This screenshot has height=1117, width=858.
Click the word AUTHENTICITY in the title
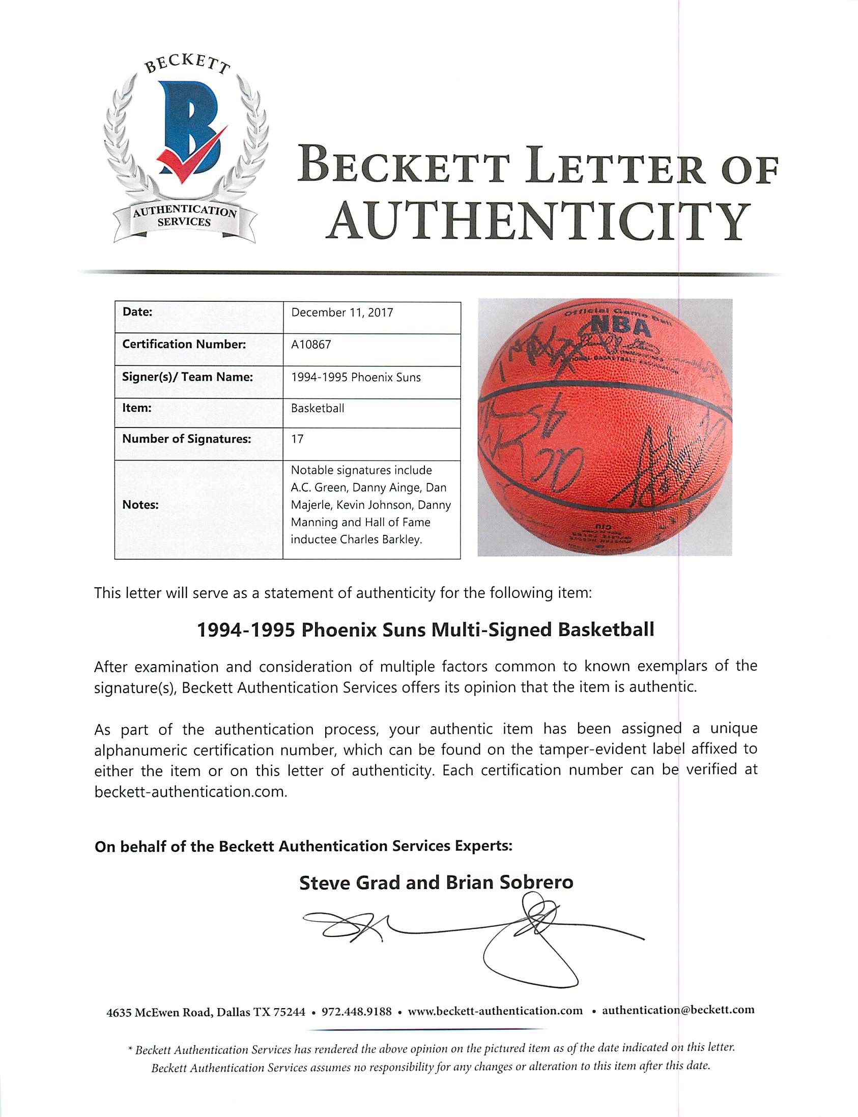coord(539,222)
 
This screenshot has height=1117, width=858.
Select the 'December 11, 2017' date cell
coord(342,312)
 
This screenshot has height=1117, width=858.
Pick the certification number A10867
coord(311,344)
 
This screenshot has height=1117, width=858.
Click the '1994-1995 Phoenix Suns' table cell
coord(356,378)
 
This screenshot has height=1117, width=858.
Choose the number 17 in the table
coord(297,439)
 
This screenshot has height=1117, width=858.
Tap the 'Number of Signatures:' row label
coord(186,439)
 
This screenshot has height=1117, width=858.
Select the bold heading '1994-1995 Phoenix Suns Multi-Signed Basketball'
coord(425,630)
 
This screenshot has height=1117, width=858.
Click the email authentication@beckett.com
coord(678,1010)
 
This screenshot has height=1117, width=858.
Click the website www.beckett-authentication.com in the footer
coord(495,1010)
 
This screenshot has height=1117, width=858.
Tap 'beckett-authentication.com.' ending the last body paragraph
coord(189,792)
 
